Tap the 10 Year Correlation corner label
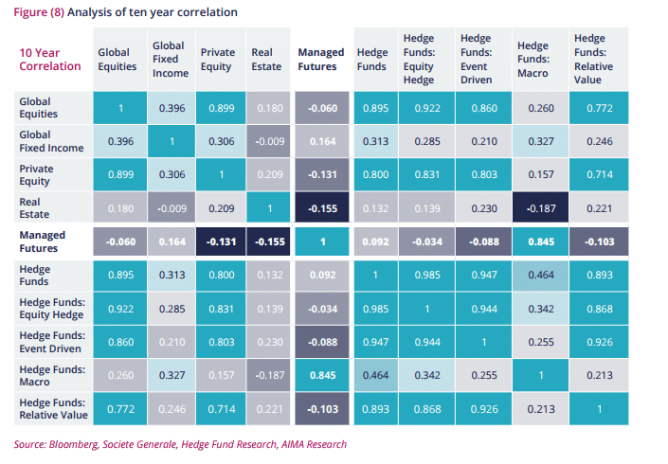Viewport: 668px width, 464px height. pyautogui.click(x=50, y=60)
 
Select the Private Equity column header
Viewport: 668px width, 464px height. pyautogui.click(x=218, y=60)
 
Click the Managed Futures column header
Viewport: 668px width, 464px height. pyautogui.click(x=320, y=60)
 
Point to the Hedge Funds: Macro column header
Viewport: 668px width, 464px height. pyautogui.click(x=533, y=60)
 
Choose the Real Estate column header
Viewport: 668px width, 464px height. pyautogui.click(x=267, y=60)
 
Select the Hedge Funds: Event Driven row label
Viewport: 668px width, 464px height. pyautogui.click(x=52, y=340)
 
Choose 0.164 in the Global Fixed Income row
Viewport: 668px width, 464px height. pyautogui.click(x=321, y=142)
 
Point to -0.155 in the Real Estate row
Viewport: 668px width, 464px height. pyautogui.click(x=321, y=207)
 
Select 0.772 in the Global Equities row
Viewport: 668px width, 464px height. pyautogui.click(x=597, y=109)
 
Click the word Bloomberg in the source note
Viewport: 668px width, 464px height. pyautogui.click(x=76, y=444)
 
